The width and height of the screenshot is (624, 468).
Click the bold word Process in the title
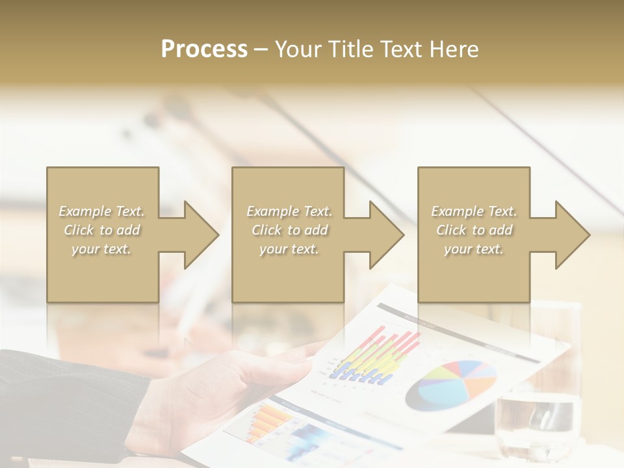tap(204, 49)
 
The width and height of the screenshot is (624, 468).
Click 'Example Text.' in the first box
tap(101, 211)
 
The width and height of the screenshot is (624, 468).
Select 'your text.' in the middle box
tap(289, 249)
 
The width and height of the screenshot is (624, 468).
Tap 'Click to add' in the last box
tap(474, 230)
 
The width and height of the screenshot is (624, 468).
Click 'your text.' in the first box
tap(101, 249)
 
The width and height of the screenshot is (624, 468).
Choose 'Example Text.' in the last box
tap(474, 211)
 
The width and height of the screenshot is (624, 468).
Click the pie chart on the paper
tap(451, 385)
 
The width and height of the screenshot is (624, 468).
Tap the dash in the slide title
tap(261, 49)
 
